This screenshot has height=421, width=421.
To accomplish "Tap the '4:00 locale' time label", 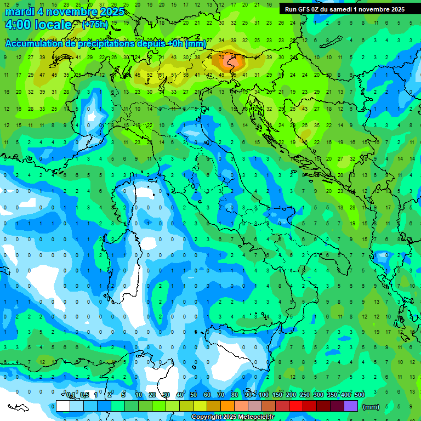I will point(38,25).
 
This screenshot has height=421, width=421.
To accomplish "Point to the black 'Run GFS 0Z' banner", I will point(345,9).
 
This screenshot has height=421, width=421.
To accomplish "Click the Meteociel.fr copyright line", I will point(232,417).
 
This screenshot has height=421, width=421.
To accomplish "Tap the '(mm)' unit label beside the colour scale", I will point(371,407).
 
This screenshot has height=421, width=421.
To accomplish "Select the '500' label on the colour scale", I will point(359,395).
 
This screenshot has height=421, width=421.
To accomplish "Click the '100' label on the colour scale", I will point(264,395).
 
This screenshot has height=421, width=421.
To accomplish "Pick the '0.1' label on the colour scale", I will point(71,395).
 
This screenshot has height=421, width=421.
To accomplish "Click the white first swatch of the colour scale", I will point(63,406).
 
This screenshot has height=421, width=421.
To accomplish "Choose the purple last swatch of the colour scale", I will point(351,406).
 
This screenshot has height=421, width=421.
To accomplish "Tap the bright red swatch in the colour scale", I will point(296,406).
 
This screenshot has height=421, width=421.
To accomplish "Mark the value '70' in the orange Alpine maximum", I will point(221,56).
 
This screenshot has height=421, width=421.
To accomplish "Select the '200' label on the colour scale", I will point(291,395).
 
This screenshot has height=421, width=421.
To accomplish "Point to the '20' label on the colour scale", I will point(152,395).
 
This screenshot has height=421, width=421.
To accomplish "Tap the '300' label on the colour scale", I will point(318,395).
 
